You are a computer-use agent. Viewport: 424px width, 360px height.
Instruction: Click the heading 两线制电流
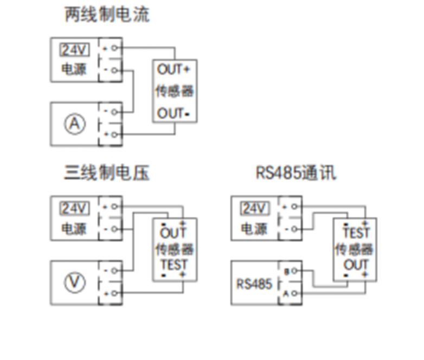(x=107, y=15)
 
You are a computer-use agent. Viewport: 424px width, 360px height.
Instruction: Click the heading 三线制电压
(x=107, y=173)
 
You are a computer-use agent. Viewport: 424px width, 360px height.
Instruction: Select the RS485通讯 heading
(x=295, y=173)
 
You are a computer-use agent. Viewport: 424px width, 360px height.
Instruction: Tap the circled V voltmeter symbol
(x=75, y=282)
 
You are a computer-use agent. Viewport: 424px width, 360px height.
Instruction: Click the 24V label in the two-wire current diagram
(x=74, y=50)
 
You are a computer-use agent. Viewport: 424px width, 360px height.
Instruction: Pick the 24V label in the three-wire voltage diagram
(x=74, y=209)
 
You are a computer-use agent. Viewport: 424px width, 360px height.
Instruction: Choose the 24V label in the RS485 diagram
(x=255, y=209)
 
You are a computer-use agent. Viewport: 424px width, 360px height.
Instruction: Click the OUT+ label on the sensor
(x=174, y=69)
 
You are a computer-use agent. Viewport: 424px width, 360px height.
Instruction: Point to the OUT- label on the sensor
(x=174, y=114)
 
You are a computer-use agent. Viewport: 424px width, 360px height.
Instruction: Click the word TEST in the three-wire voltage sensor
(x=174, y=265)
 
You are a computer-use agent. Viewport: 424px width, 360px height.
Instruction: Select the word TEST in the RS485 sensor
(x=356, y=233)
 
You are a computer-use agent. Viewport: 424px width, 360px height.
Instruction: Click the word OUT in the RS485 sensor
(x=356, y=265)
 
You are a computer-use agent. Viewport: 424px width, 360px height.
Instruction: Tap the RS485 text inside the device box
(x=254, y=283)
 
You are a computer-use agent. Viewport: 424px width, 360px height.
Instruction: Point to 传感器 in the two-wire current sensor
(x=174, y=91)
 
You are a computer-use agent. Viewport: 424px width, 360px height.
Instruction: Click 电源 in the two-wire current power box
(x=74, y=69)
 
